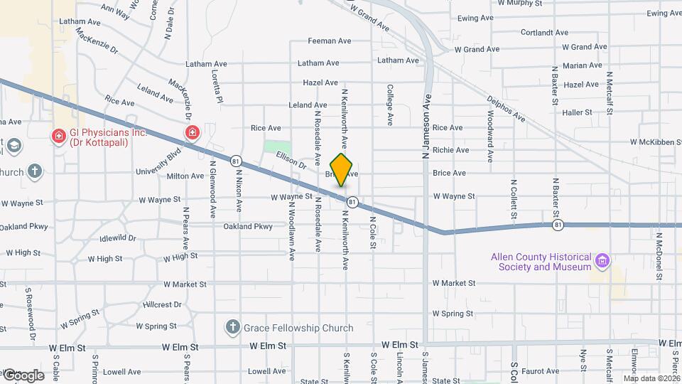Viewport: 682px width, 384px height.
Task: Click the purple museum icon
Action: (603, 261)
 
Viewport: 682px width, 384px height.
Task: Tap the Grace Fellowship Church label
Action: (298, 328)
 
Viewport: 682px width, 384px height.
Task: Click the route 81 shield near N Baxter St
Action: (559, 225)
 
